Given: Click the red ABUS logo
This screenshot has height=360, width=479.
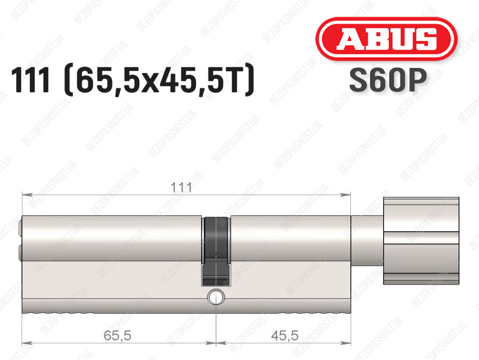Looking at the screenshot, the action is (x=386, y=39).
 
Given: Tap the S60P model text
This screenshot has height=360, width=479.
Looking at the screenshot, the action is (x=388, y=80).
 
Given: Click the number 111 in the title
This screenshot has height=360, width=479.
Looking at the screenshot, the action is (x=30, y=81).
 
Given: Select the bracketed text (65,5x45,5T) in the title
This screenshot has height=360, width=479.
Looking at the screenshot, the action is (x=159, y=81).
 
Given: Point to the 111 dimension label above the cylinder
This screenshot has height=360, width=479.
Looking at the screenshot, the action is (x=181, y=187).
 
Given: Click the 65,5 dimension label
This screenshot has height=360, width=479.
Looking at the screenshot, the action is (x=117, y=336).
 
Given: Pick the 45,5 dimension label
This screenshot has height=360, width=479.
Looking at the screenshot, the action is (x=284, y=336).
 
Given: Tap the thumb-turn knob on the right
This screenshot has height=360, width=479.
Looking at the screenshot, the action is (x=421, y=241).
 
